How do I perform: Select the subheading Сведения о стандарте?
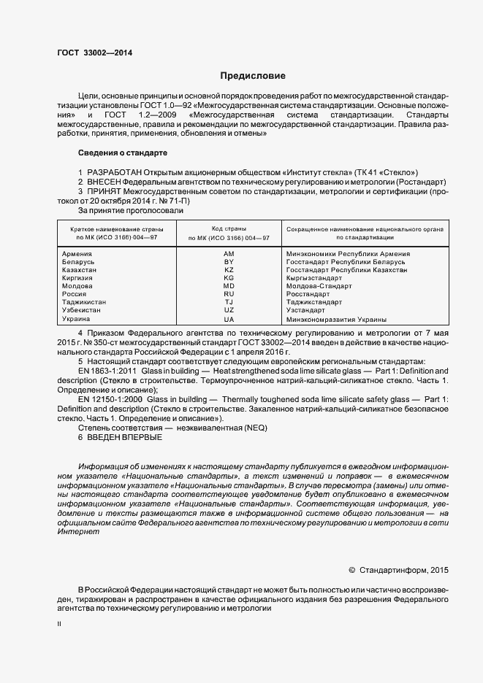click(x=122, y=153)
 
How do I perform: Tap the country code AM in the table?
click(x=229, y=254)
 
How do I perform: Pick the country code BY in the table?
click(x=229, y=262)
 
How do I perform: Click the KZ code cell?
click(x=229, y=270)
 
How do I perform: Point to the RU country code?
click(x=229, y=294)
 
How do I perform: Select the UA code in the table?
click(x=229, y=319)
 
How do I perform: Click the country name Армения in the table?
click(x=77, y=254)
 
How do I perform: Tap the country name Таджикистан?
click(x=85, y=302)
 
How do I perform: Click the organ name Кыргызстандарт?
click(x=314, y=278)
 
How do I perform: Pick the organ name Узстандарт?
click(x=306, y=310)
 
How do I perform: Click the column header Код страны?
click(x=229, y=229)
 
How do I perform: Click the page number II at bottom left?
click(x=59, y=625)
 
